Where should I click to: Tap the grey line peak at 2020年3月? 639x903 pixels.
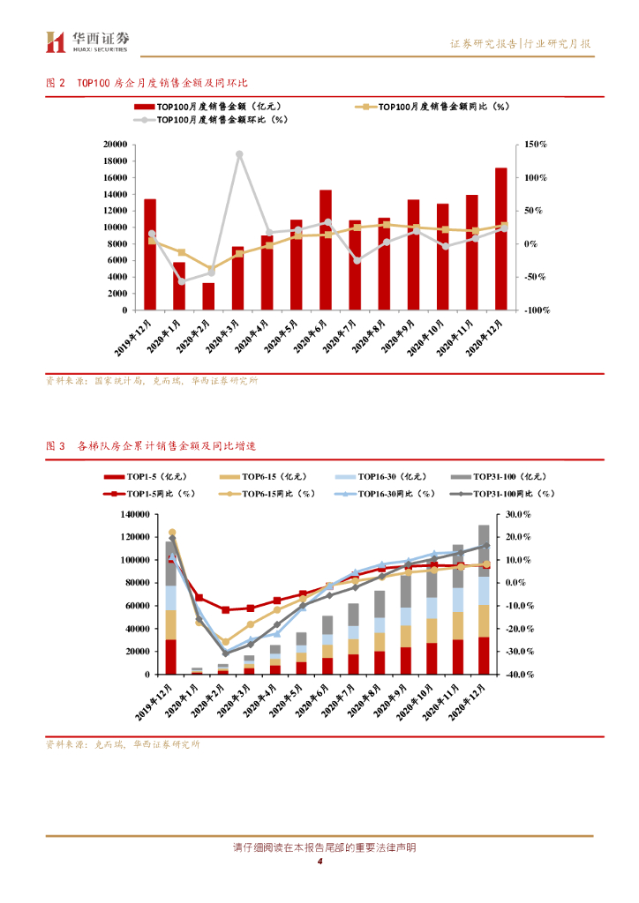[239, 153]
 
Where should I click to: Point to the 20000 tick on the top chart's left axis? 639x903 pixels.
[113, 144]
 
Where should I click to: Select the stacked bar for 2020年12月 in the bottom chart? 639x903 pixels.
[484, 600]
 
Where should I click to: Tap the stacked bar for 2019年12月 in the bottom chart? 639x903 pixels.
[171, 608]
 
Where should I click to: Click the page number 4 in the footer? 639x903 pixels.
[319, 862]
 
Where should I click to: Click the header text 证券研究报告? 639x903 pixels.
[484, 43]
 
